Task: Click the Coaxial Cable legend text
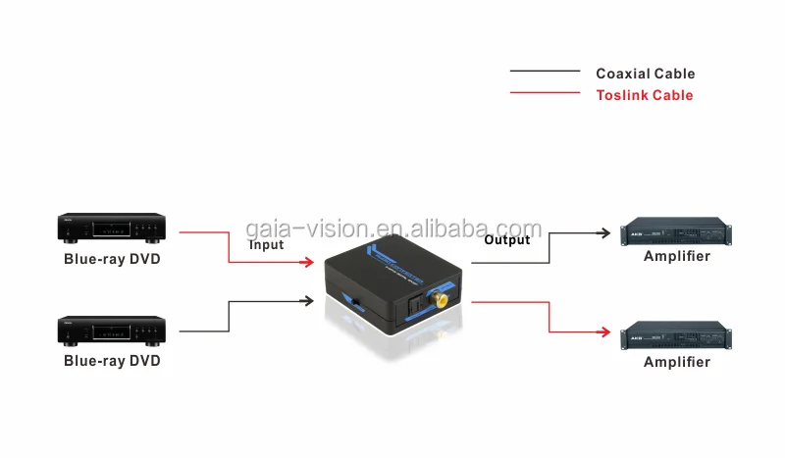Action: coord(645,74)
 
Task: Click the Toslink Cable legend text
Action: coord(644,95)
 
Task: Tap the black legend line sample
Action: coord(545,72)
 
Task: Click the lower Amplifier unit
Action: coord(676,335)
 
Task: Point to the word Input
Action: coord(266,245)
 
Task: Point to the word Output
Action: coord(506,240)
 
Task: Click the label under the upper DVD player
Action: coord(111,259)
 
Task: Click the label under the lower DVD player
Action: coord(111,361)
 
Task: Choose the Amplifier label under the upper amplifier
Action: coord(676,257)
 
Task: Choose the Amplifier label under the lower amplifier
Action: coord(676,362)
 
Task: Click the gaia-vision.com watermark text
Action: coord(392,229)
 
